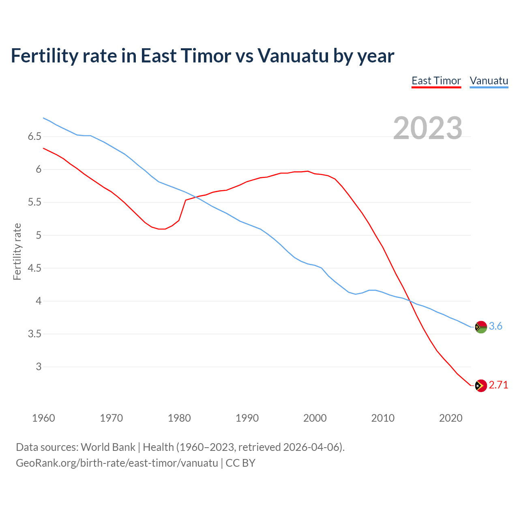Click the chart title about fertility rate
(x=202, y=56)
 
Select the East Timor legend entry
(x=436, y=81)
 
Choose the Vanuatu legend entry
(x=489, y=81)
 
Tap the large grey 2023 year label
(x=428, y=128)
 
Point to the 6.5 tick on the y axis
(x=34, y=137)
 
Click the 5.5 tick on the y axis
(x=34, y=202)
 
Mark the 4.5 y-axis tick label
(x=34, y=268)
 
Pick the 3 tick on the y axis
(x=39, y=367)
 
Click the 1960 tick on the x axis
(x=43, y=418)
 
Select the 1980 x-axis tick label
(x=179, y=418)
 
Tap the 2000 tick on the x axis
(x=315, y=418)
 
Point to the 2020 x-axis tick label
(x=450, y=418)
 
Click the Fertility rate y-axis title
(x=17, y=251)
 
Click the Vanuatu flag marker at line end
(x=481, y=327)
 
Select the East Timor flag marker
(x=481, y=386)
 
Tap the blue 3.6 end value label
(x=495, y=326)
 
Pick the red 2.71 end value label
(x=498, y=385)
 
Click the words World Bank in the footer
(x=108, y=447)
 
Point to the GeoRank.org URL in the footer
(x=117, y=463)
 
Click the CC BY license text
(x=240, y=463)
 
